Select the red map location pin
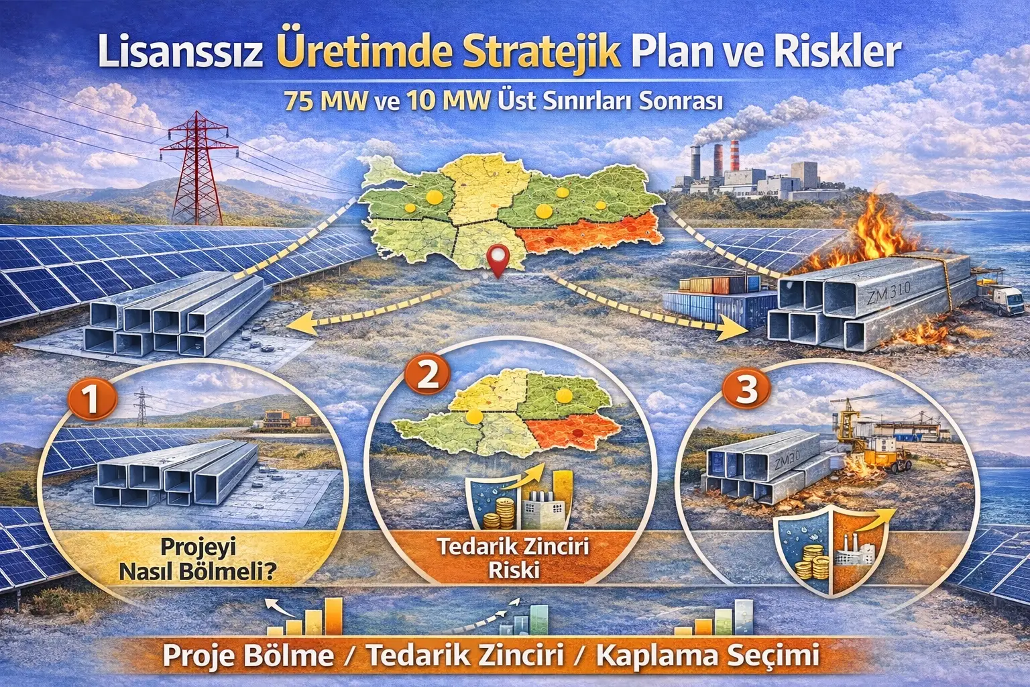(497, 260)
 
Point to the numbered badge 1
(92, 401)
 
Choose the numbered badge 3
(746, 388)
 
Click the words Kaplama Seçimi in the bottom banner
(707, 655)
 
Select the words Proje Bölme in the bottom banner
(248, 655)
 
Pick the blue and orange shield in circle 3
(832, 550)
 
